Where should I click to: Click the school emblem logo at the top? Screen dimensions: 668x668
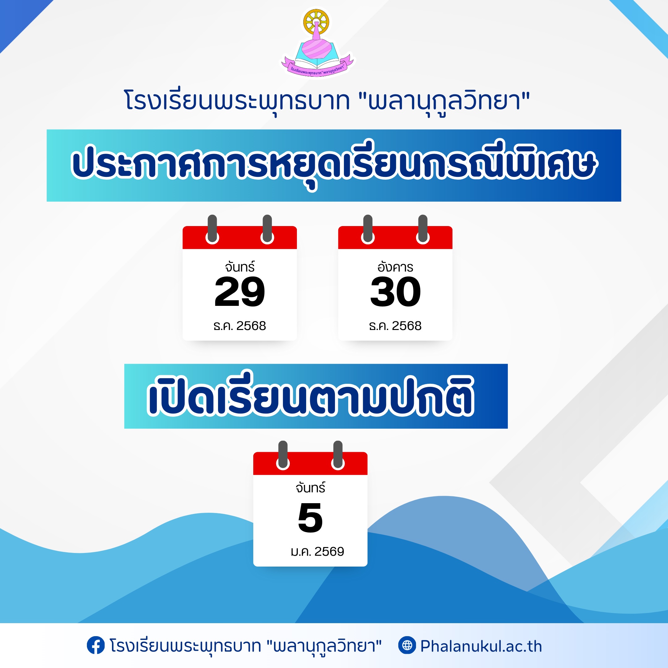click(x=317, y=42)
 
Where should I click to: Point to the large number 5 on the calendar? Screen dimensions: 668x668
click(x=310, y=518)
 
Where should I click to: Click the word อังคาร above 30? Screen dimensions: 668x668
click(x=395, y=267)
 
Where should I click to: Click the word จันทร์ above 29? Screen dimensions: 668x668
click(x=240, y=267)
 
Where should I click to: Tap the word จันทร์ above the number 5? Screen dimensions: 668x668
click(x=310, y=487)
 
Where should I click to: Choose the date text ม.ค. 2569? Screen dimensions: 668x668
click(x=317, y=551)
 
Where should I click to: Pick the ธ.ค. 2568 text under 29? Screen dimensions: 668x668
click(x=240, y=326)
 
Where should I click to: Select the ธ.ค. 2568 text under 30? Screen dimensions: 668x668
click(x=395, y=326)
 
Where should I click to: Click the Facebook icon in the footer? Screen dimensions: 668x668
click(x=96, y=645)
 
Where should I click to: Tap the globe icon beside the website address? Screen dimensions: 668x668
click(x=407, y=645)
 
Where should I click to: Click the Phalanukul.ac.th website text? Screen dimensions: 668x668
click(x=481, y=646)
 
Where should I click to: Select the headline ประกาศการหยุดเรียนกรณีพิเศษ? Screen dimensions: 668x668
click(x=334, y=165)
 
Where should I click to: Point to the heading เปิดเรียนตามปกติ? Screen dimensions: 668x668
click(x=310, y=396)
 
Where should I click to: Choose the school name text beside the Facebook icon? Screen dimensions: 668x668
click(x=246, y=646)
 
